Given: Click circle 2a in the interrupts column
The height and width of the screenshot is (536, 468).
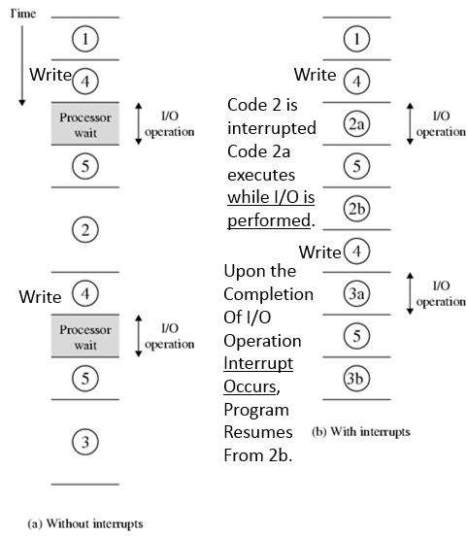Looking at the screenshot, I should click(x=356, y=123).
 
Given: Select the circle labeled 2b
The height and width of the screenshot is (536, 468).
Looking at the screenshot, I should click(x=356, y=209).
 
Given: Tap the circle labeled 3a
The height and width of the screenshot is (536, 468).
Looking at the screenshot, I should click(x=356, y=293).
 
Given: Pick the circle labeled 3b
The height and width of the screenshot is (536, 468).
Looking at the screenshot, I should click(x=356, y=379).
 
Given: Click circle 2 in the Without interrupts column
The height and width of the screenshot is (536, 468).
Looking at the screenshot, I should click(x=85, y=229).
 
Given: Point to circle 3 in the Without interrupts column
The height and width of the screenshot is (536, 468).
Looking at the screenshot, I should click(x=85, y=443).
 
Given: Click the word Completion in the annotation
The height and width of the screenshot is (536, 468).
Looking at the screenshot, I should click(x=268, y=293).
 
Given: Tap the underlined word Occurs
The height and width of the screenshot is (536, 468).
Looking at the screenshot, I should click(x=251, y=385).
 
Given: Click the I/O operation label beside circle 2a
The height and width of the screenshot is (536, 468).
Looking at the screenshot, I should click(x=441, y=124).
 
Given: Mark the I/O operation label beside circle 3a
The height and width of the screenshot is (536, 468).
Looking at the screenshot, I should click(x=441, y=295).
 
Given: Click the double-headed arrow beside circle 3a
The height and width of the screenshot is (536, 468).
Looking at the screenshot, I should click(x=410, y=293).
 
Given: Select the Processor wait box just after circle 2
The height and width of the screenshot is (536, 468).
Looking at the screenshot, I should click(x=85, y=337).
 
